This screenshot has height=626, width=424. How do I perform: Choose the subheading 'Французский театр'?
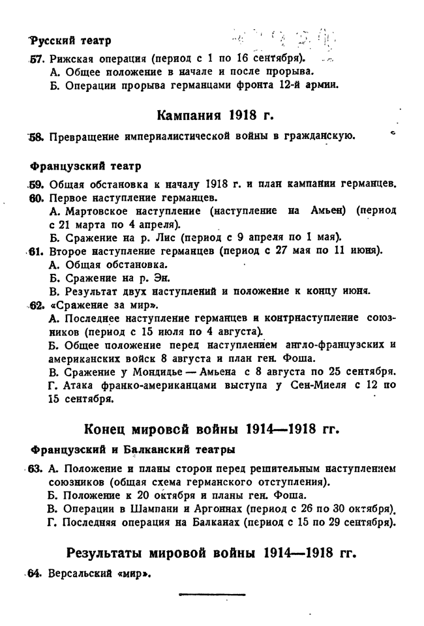pos(85,166)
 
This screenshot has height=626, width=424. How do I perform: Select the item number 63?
pos(36,469)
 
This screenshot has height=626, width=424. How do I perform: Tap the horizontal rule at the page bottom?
pos(211,595)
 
